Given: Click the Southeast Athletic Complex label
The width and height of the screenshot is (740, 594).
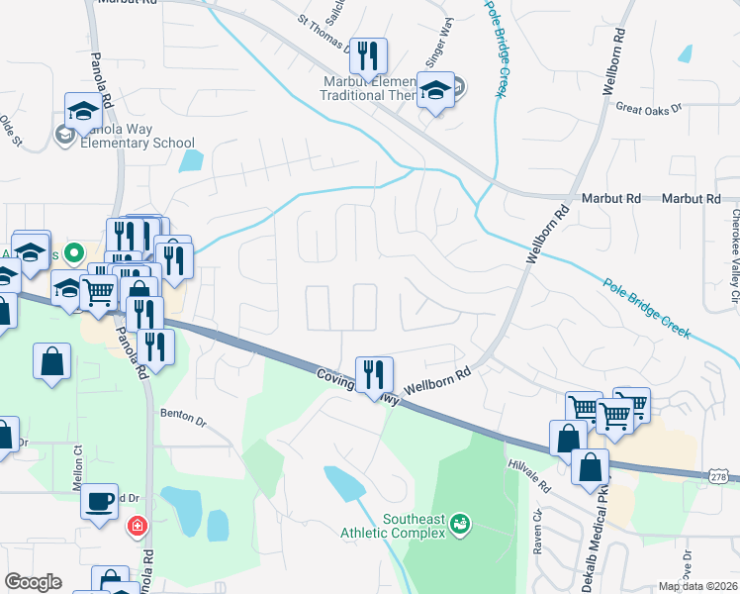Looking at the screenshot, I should [406, 523].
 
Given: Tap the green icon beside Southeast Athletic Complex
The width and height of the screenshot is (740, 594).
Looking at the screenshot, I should [459, 523].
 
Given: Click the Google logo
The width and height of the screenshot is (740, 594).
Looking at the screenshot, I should [33, 582].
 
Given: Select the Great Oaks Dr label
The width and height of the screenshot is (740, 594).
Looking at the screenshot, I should [649, 107].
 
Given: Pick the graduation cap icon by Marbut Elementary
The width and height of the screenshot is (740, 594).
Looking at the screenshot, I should [434, 91].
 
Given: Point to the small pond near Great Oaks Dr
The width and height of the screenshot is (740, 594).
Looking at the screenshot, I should [685, 52].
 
